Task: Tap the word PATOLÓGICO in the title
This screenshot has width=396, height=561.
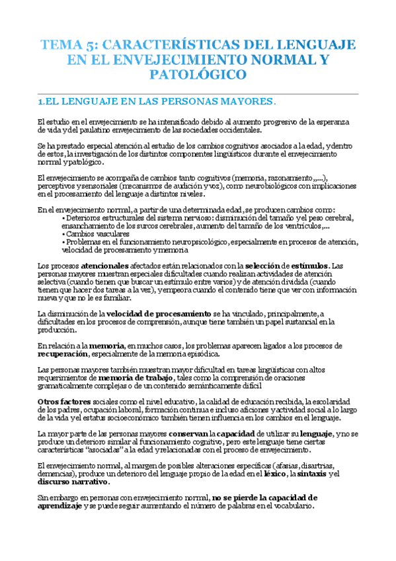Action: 198,75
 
